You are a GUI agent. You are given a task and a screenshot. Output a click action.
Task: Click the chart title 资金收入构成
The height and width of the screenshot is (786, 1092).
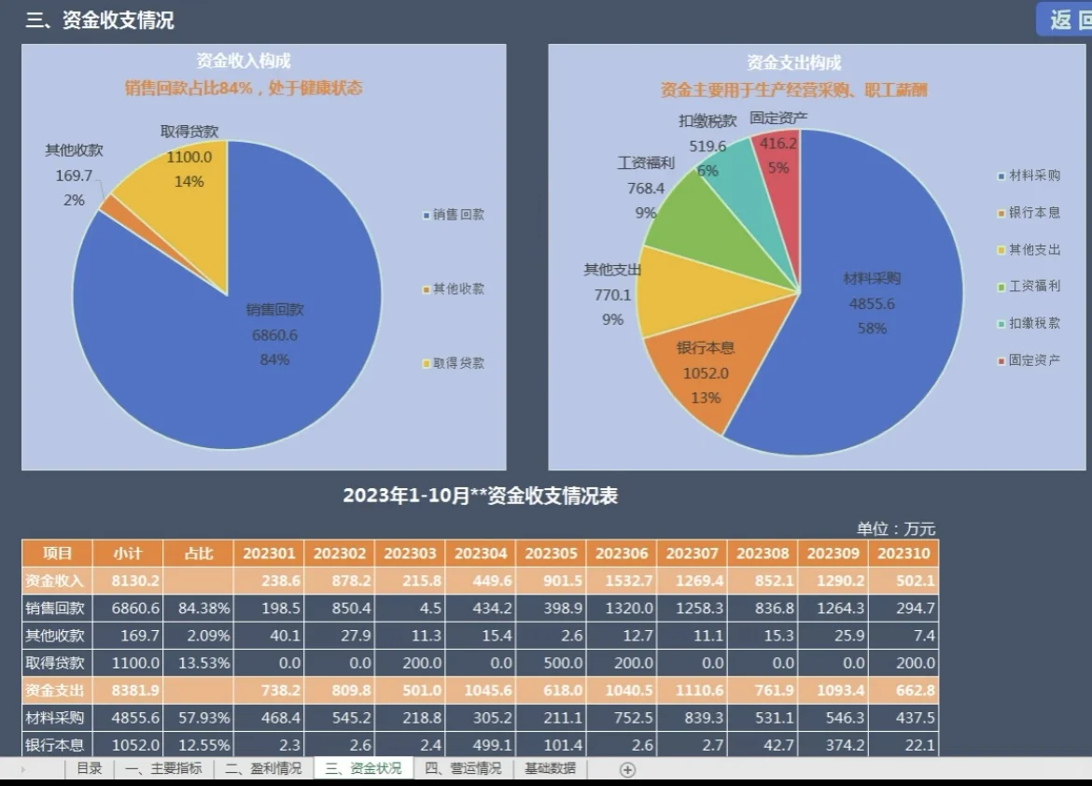pyautogui.click(x=244, y=62)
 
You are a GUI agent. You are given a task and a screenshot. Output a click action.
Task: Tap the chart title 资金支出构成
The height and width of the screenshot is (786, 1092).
pyautogui.click(x=794, y=63)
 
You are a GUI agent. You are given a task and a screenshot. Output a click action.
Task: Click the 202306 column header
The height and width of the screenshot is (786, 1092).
pyautogui.click(x=622, y=553)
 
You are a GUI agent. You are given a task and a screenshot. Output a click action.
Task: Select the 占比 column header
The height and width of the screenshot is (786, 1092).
pyautogui.click(x=198, y=553)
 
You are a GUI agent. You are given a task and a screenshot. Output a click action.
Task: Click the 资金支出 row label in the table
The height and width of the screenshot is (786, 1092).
pyautogui.click(x=55, y=691)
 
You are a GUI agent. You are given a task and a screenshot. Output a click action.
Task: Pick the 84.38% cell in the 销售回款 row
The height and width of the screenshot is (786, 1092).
pyautogui.click(x=198, y=609)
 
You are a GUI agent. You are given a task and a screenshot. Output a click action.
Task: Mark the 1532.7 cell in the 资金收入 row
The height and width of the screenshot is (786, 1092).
pyautogui.click(x=622, y=581)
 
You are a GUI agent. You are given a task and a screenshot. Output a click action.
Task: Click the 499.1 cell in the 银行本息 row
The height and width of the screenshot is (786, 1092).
pyautogui.click(x=481, y=745)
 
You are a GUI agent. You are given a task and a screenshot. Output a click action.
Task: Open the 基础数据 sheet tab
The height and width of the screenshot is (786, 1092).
pyautogui.click(x=550, y=768)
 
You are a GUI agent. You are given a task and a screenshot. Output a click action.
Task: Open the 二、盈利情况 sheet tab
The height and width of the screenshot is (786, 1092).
pyautogui.click(x=263, y=768)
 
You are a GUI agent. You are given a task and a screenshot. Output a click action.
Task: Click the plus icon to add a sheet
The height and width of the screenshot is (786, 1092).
pyautogui.click(x=628, y=769)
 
